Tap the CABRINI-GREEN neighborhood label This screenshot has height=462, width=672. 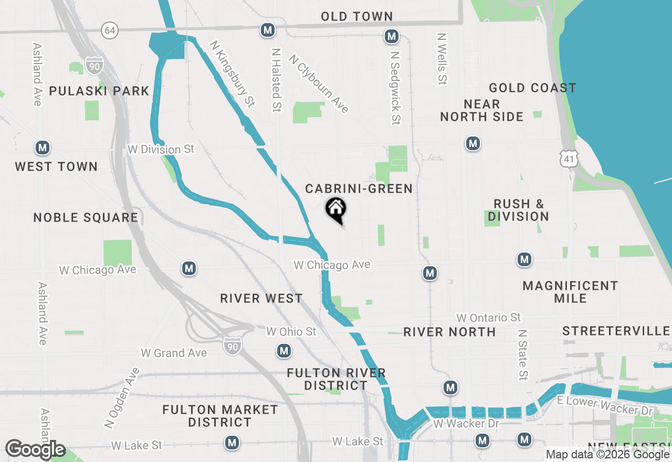[x=359, y=188]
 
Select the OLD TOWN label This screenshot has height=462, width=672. [x=357, y=16]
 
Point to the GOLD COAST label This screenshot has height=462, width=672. [x=532, y=88]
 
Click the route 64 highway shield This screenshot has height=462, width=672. [x=110, y=30]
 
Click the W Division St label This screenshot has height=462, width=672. [x=161, y=150]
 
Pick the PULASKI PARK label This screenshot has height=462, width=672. [x=99, y=91]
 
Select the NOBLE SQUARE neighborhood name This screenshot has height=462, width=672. [x=86, y=217]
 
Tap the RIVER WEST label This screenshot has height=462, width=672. [x=261, y=298]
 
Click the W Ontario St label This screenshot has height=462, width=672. [x=488, y=318]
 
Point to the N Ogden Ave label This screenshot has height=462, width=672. [x=122, y=397]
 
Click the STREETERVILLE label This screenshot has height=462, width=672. [x=616, y=331]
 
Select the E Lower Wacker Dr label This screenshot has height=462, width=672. [x=605, y=405]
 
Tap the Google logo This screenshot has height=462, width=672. [x=35, y=449]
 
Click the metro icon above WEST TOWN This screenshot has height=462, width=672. [x=43, y=148]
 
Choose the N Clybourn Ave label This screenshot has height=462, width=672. [x=319, y=83]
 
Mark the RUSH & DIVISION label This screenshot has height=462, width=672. [x=518, y=210]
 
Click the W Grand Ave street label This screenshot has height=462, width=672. [x=174, y=353]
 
